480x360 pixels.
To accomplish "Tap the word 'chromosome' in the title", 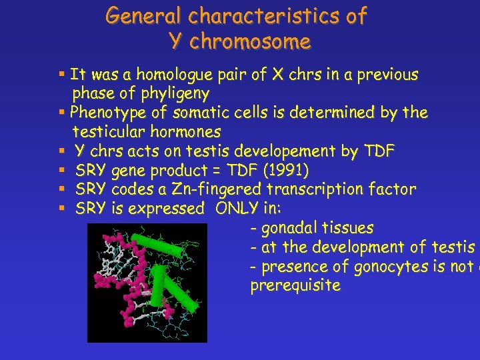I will pyautogui.click(x=249, y=42).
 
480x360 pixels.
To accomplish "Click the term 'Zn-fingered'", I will pyautogui.click(x=204, y=189).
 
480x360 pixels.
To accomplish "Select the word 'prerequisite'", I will pyautogui.click(x=295, y=286).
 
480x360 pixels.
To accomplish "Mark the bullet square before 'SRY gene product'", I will pyautogui.click(x=61, y=171).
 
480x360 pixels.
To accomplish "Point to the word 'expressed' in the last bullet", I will pyautogui.click(x=166, y=209).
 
